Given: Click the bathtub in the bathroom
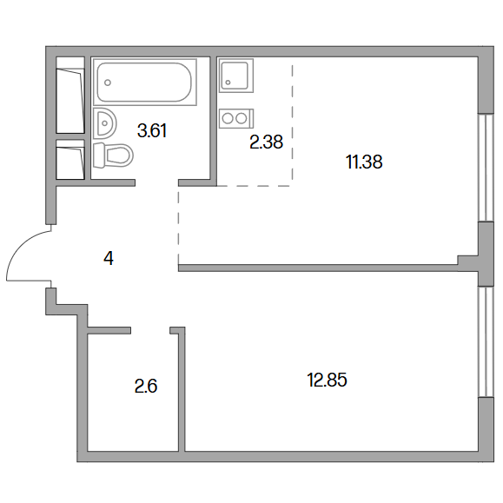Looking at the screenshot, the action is pyautogui.click(x=145, y=83).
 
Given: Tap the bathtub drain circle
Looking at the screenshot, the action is pyautogui.click(x=108, y=83).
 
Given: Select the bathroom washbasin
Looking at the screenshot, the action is pyautogui.click(x=105, y=123).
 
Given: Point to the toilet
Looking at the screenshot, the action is pyautogui.click(x=113, y=155).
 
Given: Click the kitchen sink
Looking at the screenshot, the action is pyautogui.click(x=236, y=76).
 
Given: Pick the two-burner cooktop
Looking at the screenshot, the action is pyautogui.click(x=236, y=118).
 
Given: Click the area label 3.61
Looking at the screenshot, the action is pyautogui.click(x=152, y=131).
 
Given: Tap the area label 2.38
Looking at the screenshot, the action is pyautogui.click(x=266, y=142).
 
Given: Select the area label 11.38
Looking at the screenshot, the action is pyautogui.click(x=364, y=162).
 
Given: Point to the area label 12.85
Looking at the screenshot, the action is pyautogui.click(x=328, y=380).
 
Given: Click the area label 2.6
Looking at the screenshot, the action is pyautogui.click(x=146, y=386).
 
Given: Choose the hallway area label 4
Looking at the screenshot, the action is pyautogui.click(x=109, y=259).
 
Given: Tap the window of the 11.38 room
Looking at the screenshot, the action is pyautogui.click(x=486, y=168).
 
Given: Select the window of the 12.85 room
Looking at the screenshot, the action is pyautogui.click(x=486, y=341).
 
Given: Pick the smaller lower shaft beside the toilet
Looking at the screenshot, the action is pyautogui.click(x=70, y=160).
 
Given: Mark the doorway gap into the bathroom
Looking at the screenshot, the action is pyautogui.click(x=157, y=182).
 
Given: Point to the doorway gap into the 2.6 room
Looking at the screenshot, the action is pyautogui.click(x=150, y=330).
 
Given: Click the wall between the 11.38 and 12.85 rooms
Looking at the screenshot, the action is pyautogui.click(x=318, y=268).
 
